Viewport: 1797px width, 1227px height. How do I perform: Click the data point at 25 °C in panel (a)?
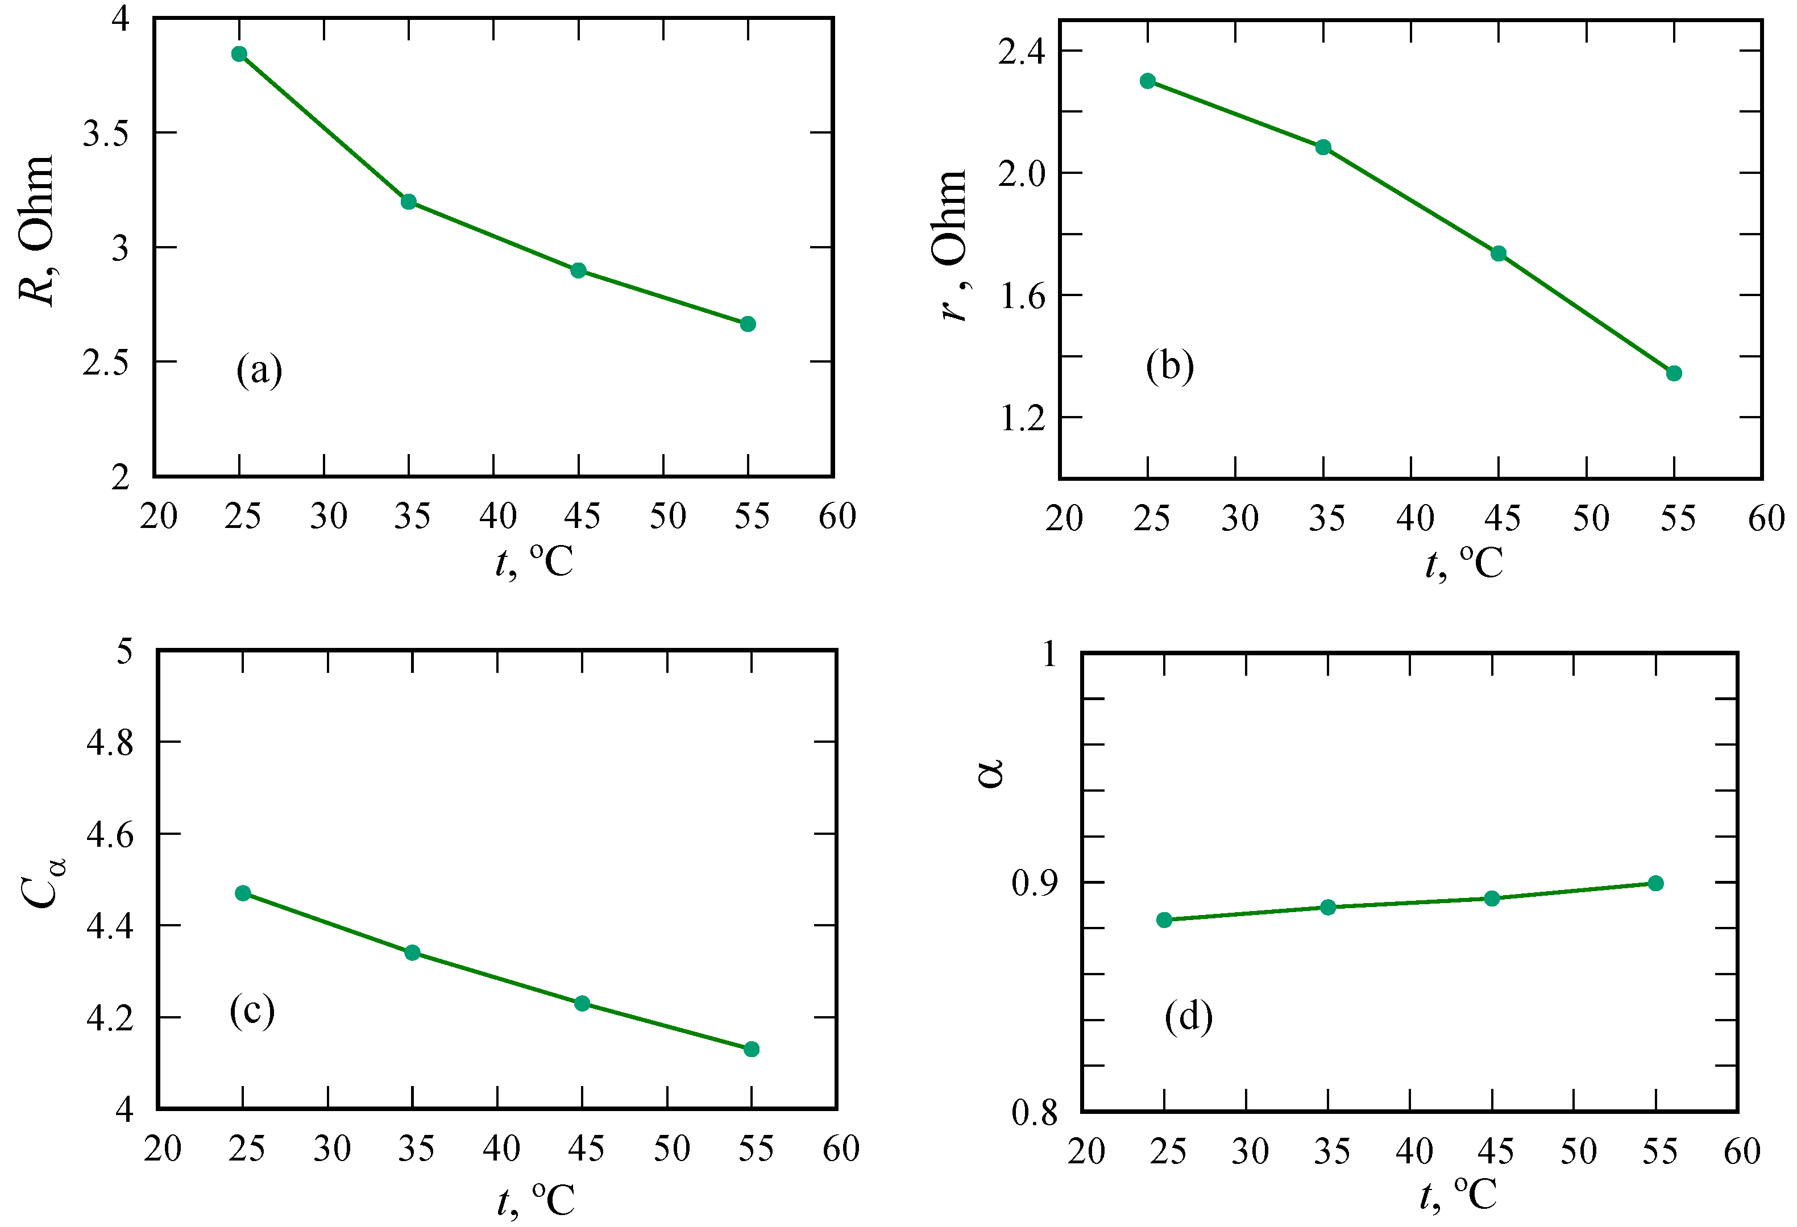(x=239, y=54)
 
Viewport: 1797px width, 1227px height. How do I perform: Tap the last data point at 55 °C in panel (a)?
(x=748, y=324)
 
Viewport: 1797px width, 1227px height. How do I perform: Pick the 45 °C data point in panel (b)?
(x=1499, y=253)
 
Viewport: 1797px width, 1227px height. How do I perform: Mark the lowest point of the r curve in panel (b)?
(x=1674, y=373)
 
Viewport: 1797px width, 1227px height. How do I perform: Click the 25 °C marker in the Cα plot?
(x=243, y=893)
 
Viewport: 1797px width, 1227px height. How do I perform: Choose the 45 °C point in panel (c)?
(x=582, y=1004)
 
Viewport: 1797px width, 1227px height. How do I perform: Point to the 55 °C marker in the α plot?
(x=1655, y=883)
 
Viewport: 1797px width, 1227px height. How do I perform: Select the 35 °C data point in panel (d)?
(x=1327, y=907)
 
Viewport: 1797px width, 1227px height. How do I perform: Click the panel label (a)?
(x=259, y=371)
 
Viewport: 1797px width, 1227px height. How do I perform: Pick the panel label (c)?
(x=252, y=1010)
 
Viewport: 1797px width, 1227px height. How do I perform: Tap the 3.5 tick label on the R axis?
(x=105, y=134)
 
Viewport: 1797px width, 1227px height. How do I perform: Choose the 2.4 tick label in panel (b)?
(x=1020, y=52)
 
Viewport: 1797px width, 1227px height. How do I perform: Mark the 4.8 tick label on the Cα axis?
(x=110, y=742)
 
